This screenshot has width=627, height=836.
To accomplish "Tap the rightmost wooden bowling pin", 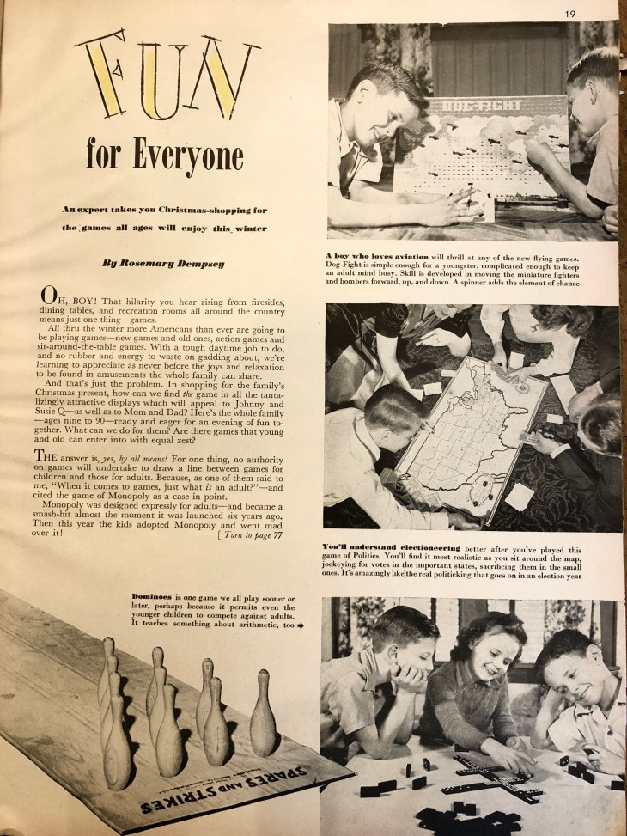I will [263, 712].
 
